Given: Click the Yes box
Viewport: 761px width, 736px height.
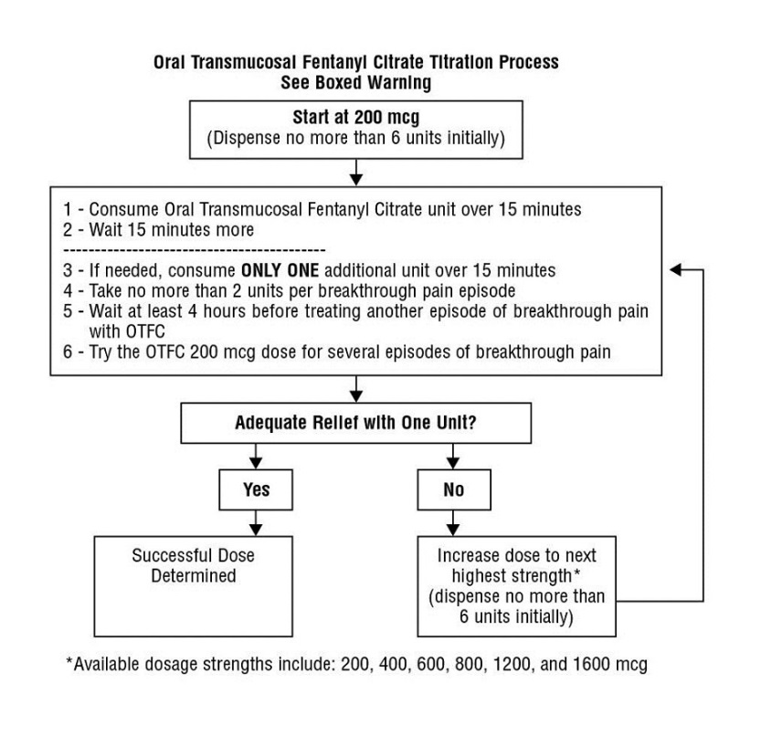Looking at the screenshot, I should tap(257, 489).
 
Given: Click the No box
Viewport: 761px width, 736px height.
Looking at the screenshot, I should tap(454, 489).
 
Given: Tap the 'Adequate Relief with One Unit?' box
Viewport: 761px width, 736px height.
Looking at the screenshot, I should tap(356, 424).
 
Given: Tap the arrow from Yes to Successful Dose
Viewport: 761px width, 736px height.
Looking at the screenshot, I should tap(257, 522).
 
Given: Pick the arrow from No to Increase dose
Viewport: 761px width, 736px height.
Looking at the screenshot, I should tap(454, 522).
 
